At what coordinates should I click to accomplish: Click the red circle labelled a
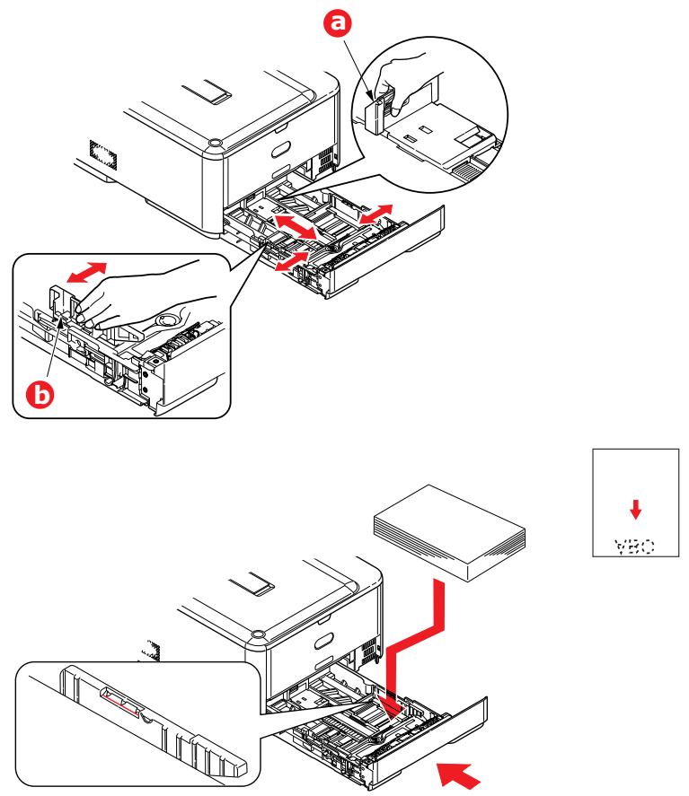[x=339, y=27]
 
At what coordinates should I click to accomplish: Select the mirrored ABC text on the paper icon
[x=634, y=542]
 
